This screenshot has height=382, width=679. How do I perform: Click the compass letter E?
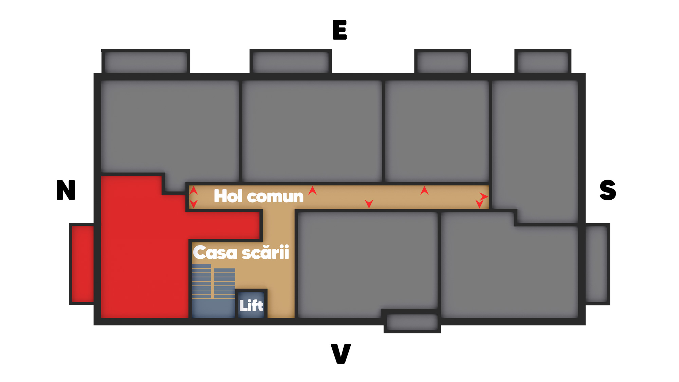pyautogui.click(x=339, y=30)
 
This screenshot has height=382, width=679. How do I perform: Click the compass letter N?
pyautogui.click(x=66, y=190)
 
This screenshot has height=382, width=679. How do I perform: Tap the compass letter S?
pyautogui.click(x=608, y=190)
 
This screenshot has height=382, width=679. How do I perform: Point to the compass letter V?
pyautogui.click(x=341, y=353)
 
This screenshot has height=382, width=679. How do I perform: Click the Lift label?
pyautogui.click(x=251, y=306)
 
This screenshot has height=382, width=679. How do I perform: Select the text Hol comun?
pyautogui.click(x=258, y=196)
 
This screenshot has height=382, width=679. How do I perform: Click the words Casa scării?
pyautogui.click(x=241, y=253)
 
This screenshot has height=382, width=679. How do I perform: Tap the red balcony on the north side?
pyautogui.click(x=82, y=264)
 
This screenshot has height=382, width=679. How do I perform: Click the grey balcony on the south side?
pyautogui.click(x=597, y=264)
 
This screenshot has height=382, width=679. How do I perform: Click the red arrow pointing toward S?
pyautogui.click(x=483, y=196)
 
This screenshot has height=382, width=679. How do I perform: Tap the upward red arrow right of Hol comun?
pyautogui.click(x=312, y=190)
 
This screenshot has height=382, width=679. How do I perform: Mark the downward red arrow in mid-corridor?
pyautogui.click(x=369, y=203)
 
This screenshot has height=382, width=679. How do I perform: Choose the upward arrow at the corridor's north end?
pyautogui.click(x=193, y=190)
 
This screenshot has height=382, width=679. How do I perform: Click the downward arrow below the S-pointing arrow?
pyautogui.click(x=479, y=204)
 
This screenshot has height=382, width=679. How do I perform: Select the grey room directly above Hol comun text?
pyautogui.click(x=312, y=131)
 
